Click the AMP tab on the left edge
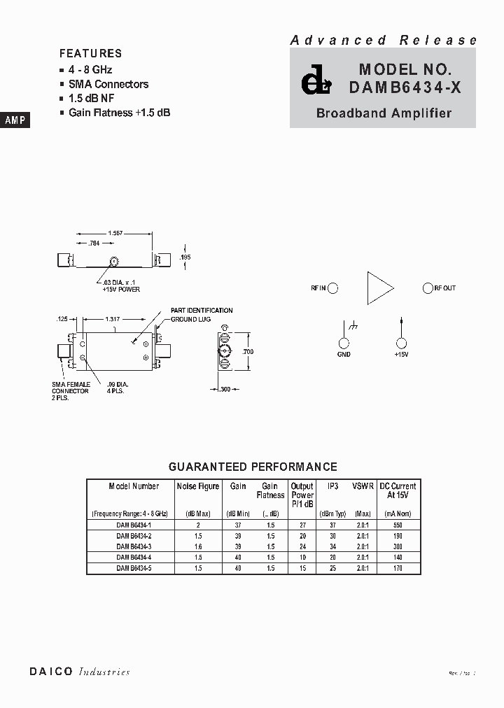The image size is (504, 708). [x=15, y=120]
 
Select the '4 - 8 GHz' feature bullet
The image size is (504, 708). [x=90, y=70]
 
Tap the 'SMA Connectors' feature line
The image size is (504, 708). [x=108, y=84]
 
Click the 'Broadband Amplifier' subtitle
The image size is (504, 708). [x=384, y=113]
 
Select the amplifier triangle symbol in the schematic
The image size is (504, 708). [x=379, y=288]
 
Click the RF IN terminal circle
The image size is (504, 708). [x=333, y=288]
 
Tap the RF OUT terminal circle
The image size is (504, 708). [x=428, y=288]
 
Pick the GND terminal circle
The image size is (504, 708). [x=344, y=343]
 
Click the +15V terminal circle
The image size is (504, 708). [x=401, y=343]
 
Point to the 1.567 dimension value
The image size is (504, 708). [x=115, y=233]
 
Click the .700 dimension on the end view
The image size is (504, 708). [x=248, y=352]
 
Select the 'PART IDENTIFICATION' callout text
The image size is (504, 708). [x=202, y=310]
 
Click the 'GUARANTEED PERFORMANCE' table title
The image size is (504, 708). [x=253, y=467]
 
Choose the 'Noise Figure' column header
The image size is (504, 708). [x=198, y=486]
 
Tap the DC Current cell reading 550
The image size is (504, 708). [x=397, y=524]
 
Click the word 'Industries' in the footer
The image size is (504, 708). [x=104, y=672]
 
